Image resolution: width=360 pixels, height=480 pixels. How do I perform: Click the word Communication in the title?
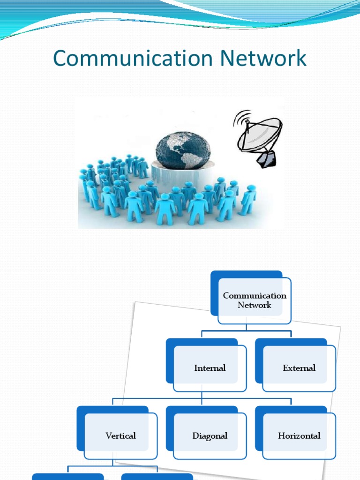[124, 59]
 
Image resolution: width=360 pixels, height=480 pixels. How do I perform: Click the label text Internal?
[210, 368]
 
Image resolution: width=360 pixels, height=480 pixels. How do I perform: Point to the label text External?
[299, 368]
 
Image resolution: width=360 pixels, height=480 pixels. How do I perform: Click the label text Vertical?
[120, 436]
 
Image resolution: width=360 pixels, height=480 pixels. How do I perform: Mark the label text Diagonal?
[210, 436]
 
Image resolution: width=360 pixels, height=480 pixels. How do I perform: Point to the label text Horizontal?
[299, 436]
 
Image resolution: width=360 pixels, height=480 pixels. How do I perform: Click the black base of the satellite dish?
[266, 159]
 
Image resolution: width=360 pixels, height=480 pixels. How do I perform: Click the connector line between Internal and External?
[246, 330]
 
